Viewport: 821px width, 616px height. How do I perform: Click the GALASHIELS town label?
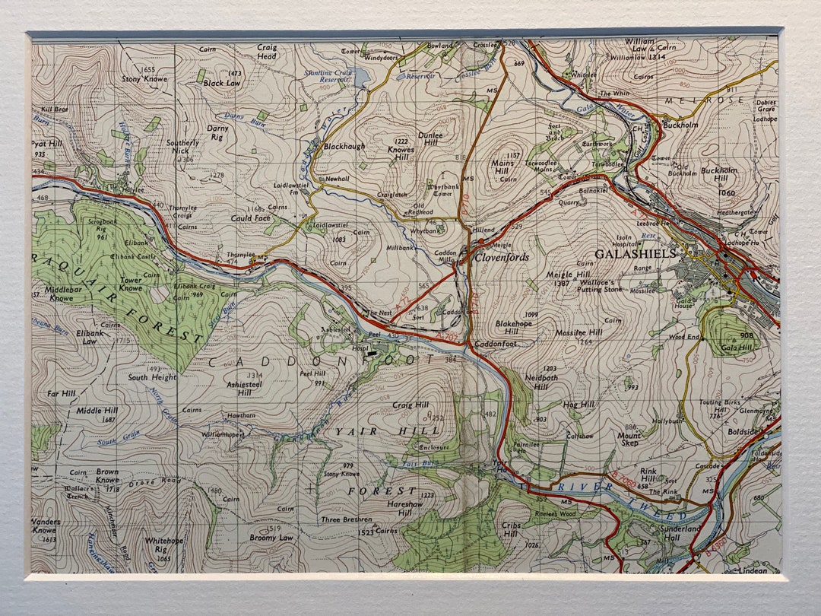[x=636, y=253]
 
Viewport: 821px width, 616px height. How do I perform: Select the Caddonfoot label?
[x=496, y=344]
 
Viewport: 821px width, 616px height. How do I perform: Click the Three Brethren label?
[x=346, y=520]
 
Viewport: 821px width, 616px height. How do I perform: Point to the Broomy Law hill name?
[x=271, y=537]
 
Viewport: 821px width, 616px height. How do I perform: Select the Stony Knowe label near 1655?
[x=144, y=78]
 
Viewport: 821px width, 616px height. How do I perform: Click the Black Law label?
[x=222, y=83]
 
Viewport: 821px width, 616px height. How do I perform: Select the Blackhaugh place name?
[x=344, y=146]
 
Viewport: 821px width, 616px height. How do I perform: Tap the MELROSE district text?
[x=690, y=100]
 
